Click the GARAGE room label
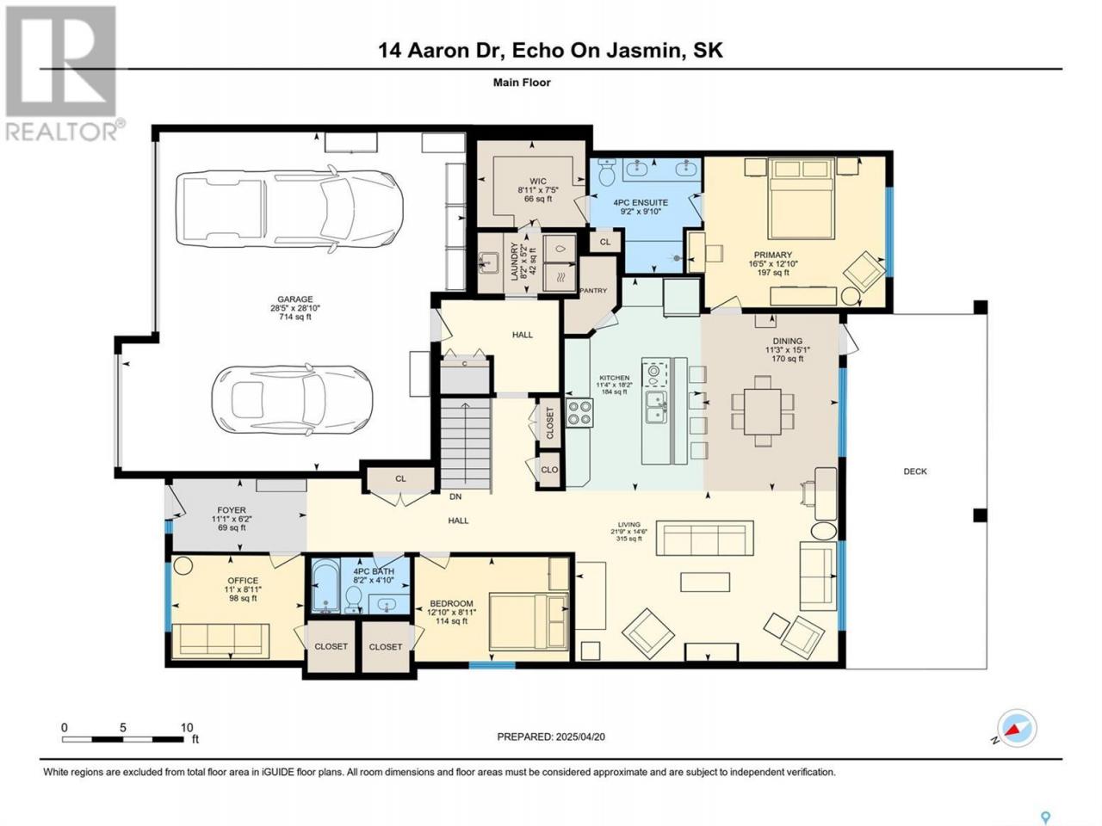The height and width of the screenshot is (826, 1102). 295,299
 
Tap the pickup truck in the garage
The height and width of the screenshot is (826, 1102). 289,208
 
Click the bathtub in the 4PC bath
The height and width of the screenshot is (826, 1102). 325,586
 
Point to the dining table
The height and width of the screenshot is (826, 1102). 763,411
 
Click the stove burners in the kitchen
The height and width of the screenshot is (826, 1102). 579,412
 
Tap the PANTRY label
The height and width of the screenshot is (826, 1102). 593,290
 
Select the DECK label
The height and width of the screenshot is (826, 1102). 914,472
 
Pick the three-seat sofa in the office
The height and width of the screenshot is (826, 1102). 220,640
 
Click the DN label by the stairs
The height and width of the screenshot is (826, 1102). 455,496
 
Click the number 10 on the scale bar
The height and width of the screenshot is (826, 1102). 187,728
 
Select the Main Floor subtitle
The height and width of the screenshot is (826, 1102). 522,83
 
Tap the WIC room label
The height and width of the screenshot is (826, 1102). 538,181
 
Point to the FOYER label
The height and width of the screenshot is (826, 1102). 232,510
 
